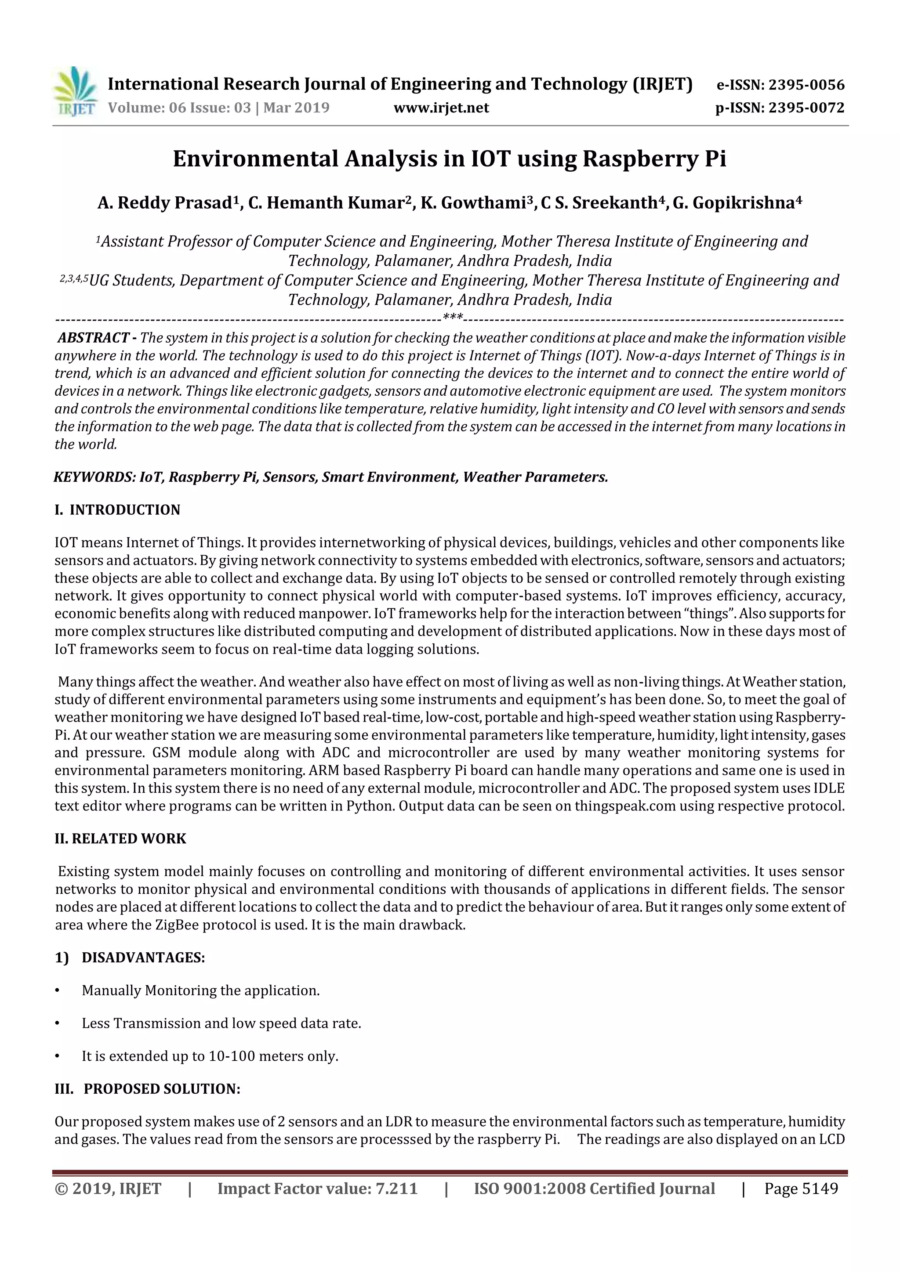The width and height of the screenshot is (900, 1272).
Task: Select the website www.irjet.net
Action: point(441,108)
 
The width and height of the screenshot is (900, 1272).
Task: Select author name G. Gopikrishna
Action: point(734,203)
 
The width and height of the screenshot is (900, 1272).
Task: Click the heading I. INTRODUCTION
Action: point(117,510)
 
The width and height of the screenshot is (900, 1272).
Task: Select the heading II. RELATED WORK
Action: point(120,839)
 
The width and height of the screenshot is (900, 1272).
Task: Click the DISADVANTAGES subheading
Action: point(143,958)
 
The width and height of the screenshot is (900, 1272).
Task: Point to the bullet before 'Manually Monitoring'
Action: point(57,990)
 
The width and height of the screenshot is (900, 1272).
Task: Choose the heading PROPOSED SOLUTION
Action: point(162,1089)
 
